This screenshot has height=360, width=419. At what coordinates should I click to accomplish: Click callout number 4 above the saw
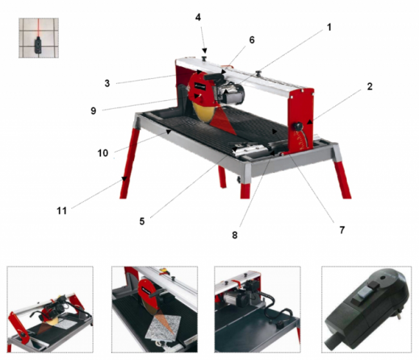[198, 17]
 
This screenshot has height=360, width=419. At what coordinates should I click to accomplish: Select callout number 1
[329, 27]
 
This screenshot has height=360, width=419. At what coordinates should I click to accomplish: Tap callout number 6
[251, 40]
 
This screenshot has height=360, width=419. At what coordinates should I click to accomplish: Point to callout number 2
[369, 86]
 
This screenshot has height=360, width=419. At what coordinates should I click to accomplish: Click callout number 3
[107, 83]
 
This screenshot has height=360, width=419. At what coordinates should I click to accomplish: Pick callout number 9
[93, 110]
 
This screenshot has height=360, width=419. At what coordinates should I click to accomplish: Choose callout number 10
[103, 153]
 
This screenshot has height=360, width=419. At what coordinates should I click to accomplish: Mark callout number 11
[62, 211]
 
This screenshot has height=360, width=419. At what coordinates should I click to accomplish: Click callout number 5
[142, 221]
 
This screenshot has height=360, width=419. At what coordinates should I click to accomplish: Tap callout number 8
[235, 235]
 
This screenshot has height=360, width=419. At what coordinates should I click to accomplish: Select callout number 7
[342, 230]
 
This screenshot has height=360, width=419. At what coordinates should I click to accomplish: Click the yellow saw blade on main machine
[203, 113]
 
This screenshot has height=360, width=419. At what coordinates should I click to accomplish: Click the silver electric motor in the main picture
[231, 92]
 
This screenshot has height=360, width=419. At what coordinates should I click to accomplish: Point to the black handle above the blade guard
[214, 77]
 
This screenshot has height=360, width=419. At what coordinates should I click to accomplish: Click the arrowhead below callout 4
[205, 50]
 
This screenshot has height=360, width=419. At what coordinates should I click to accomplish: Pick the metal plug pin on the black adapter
[399, 316]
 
